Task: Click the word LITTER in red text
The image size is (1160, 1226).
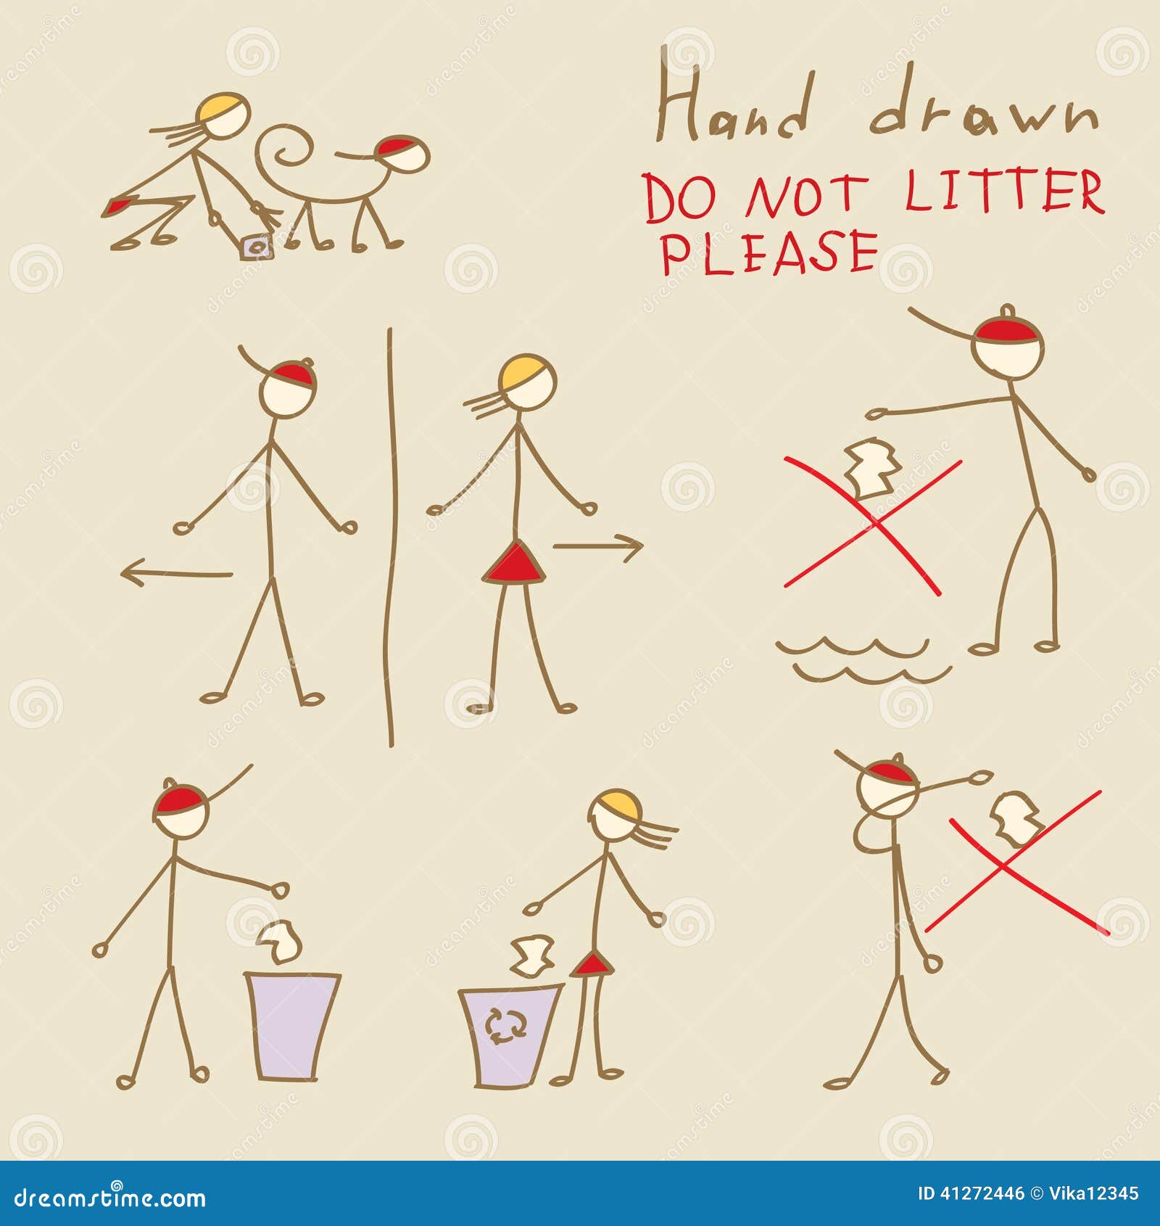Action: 1003,192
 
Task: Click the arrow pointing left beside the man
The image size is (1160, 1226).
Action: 176,574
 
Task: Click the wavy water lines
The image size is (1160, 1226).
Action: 863,660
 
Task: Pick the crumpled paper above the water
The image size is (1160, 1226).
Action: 873,469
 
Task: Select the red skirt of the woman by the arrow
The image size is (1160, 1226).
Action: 513,563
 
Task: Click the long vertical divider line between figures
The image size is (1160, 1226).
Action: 391,537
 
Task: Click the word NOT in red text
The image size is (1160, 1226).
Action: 805,196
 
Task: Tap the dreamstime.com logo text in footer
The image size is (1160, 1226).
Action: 110,1197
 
